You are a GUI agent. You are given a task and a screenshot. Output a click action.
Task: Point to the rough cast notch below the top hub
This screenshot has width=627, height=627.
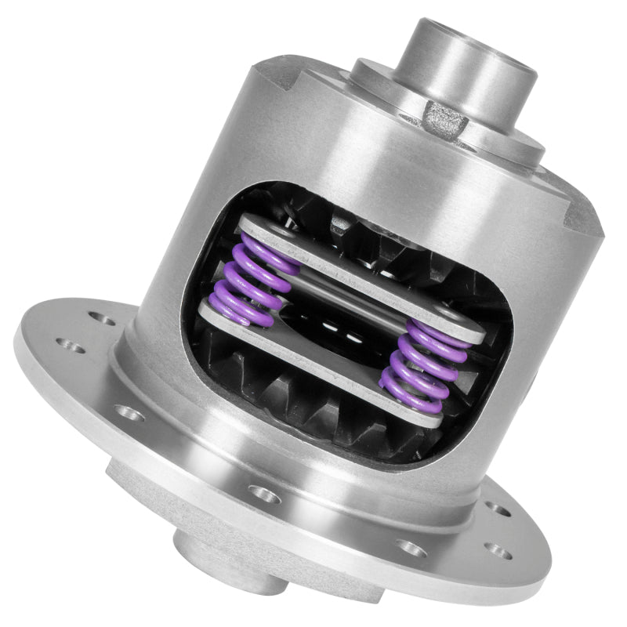tap(444, 118)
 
